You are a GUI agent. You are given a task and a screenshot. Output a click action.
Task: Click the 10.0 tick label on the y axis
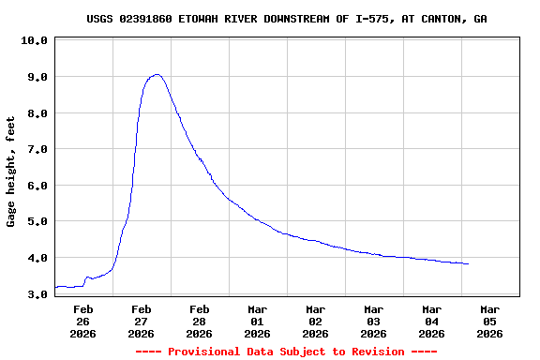pos(33,41)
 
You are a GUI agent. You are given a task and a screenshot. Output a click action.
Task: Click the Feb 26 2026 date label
pos(83,321)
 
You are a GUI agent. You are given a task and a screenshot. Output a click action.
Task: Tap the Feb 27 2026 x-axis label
pos(142,321)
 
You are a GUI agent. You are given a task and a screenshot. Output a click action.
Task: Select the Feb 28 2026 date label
pos(200,321)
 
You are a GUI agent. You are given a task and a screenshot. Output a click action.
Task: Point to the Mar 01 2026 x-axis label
pos(258,321)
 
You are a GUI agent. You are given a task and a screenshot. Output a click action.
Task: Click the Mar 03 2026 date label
pos(374,321)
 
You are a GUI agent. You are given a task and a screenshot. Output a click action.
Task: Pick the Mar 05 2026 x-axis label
pos(490,321)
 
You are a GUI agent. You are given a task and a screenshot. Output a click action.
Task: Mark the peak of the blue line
pos(157,74)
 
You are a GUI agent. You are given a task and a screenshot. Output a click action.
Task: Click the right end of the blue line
pos(468,263)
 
